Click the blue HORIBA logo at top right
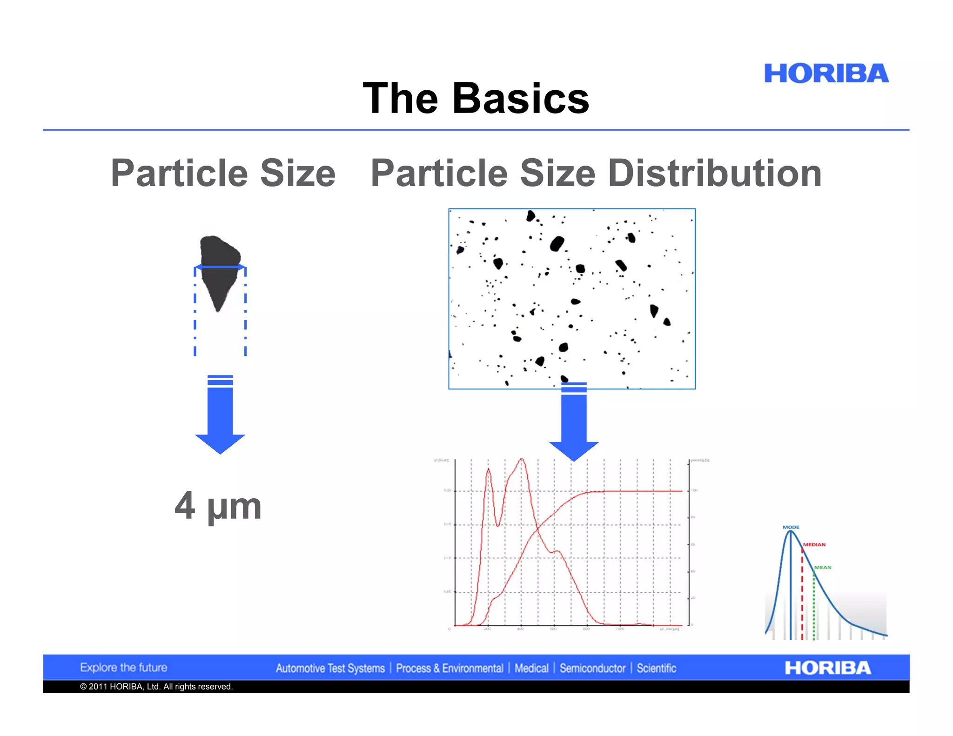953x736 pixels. (x=826, y=74)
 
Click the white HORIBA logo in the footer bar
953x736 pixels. (x=827, y=668)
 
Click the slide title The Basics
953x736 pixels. (x=476, y=98)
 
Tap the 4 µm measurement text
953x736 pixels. (x=218, y=506)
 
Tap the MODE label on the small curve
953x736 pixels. (x=791, y=527)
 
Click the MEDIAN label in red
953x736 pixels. (x=814, y=544)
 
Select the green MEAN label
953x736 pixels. (x=822, y=567)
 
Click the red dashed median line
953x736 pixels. (x=802, y=600)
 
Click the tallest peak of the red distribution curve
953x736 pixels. (x=522, y=460)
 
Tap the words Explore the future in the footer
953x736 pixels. (x=123, y=668)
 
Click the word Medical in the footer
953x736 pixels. (x=531, y=669)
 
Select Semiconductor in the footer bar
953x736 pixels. (x=592, y=669)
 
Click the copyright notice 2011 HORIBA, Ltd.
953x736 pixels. (x=156, y=687)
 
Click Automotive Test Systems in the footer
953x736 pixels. (x=330, y=669)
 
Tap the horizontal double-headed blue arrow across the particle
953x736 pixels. (x=220, y=267)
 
